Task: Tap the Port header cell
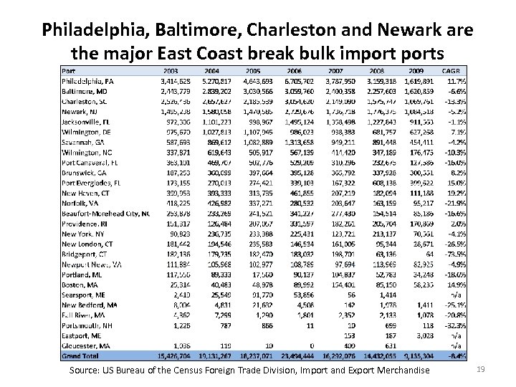point(69,71)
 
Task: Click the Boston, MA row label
point(80,283)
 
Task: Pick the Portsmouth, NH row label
point(87,323)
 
